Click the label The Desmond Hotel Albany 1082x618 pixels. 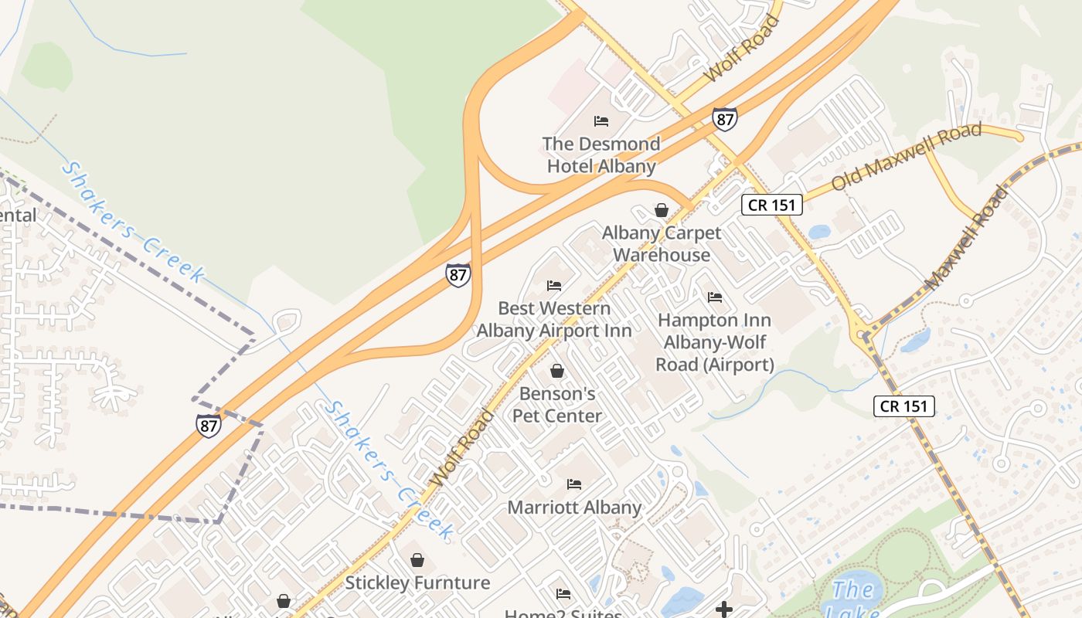(x=601, y=154)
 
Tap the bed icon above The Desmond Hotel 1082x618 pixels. (x=601, y=121)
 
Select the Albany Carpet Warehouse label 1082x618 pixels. (x=662, y=243)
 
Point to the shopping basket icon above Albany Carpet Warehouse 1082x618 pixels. (x=662, y=209)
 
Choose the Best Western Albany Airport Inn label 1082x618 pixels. (x=554, y=319)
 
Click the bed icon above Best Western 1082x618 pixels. (x=554, y=285)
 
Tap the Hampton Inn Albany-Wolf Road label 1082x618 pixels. (x=715, y=341)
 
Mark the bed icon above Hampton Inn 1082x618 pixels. (x=715, y=297)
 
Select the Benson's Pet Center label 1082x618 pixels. (x=557, y=405)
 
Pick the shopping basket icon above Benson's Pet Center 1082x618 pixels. (x=557, y=371)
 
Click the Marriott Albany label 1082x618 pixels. (x=574, y=508)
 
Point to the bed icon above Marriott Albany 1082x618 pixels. (x=574, y=484)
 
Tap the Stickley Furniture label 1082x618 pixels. (x=417, y=582)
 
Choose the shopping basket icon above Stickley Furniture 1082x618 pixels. (x=417, y=559)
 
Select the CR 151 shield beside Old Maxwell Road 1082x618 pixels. (x=772, y=205)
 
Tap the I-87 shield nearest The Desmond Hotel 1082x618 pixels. (x=724, y=118)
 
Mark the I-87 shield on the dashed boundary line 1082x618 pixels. (x=209, y=426)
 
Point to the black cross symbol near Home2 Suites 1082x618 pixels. (x=724, y=610)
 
